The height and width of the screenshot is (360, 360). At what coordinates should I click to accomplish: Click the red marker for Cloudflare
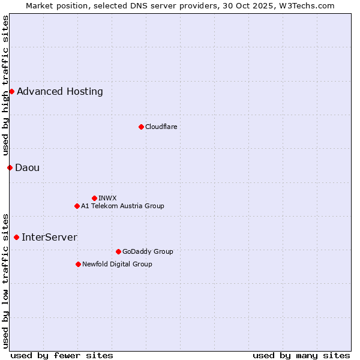[x=141, y=127]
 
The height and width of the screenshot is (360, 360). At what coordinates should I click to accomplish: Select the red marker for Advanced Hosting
[x=11, y=91]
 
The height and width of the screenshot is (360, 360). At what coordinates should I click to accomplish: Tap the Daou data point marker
[x=10, y=167]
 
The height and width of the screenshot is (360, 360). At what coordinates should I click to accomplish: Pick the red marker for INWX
[x=94, y=198]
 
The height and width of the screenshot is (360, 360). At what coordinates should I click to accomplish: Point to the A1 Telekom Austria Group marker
[x=77, y=206]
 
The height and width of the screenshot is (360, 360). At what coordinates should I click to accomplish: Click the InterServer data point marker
[x=16, y=237]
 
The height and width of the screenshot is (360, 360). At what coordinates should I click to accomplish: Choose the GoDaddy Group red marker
[x=118, y=251]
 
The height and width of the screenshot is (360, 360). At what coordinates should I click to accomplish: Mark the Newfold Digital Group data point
[x=78, y=264]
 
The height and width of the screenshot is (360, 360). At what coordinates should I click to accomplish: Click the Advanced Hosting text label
[x=60, y=91]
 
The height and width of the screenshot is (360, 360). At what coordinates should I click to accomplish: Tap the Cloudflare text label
[x=161, y=127]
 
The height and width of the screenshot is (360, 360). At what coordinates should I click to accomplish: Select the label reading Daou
[x=28, y=167]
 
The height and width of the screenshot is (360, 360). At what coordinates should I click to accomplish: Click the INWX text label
[x=108, y=198]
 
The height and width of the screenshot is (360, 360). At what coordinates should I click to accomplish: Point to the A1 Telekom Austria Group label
[x=123, y=206]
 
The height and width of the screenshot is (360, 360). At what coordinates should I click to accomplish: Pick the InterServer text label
[x=49, y=237]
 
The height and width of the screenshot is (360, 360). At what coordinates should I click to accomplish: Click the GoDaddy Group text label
[x=148, y=251]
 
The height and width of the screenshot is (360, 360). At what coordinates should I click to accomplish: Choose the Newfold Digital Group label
[x=118, y=264]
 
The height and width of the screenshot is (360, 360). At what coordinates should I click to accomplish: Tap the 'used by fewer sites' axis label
[x=62, y=355]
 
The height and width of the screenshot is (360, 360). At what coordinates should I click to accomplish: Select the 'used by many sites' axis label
[x=301, y=355]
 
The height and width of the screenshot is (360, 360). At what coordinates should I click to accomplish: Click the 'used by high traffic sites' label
[x=5, y=86]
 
